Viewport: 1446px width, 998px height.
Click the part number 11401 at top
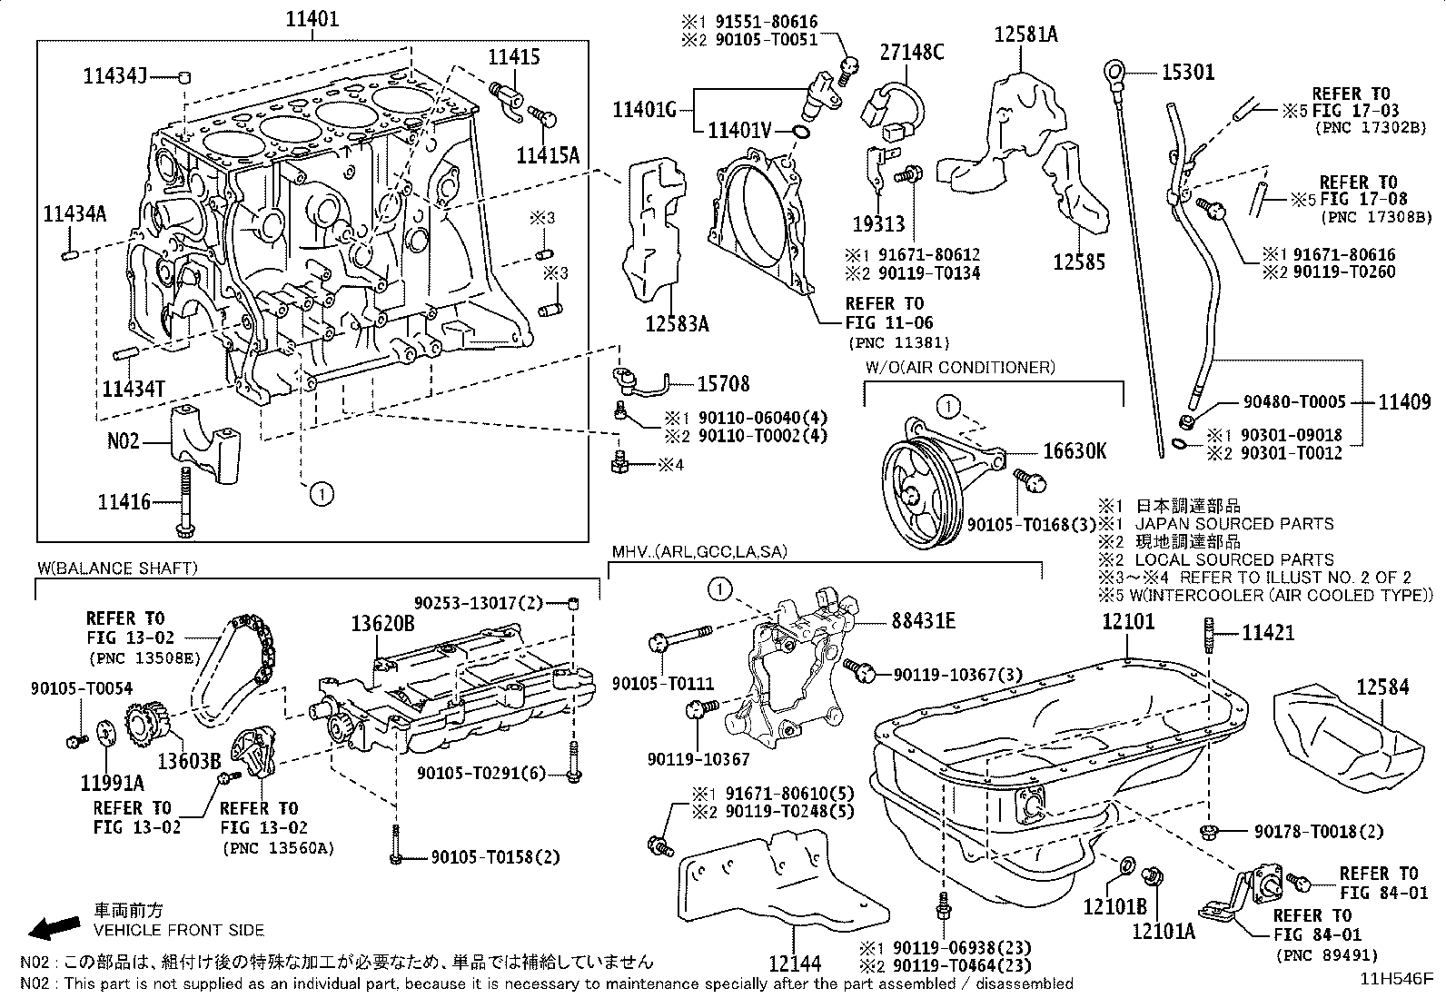[x=313, y=18]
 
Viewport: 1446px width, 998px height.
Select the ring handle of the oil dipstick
[x=1113, y=70]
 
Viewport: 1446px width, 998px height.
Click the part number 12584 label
[x=1383, y=687]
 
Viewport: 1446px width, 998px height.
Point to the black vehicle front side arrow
[x=53, y=926]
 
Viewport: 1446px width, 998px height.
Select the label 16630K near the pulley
[x=1075, y=451]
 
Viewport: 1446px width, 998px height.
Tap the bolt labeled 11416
[x=185, y=501]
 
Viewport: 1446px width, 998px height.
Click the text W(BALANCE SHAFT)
[x=116, y=568]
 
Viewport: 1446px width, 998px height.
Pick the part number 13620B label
[x=383, y=623]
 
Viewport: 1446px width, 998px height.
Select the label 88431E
[x=923, y=621]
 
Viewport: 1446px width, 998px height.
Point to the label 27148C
[x=911, y=52]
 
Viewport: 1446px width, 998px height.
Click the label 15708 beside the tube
[x=723, y=384]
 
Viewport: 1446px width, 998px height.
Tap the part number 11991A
[x=112, y=783]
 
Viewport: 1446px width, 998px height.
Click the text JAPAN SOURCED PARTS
[x=1234, y=524]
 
